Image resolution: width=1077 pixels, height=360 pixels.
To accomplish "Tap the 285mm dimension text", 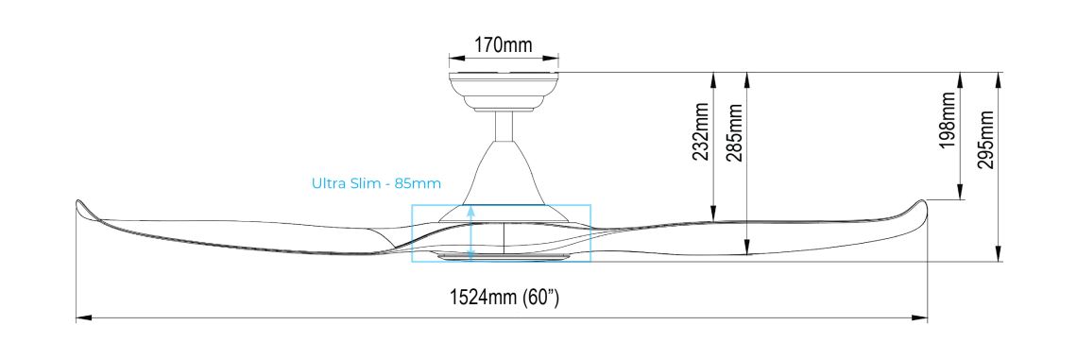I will pos(734,131).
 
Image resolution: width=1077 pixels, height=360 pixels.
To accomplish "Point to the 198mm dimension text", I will pos(948,122).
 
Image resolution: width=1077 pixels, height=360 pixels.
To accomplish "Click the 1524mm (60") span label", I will pos(504,299).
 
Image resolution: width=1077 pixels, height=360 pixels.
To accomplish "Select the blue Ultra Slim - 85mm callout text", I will pos(376,182).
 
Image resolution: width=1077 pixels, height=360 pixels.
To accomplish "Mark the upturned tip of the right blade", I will pos(920,206).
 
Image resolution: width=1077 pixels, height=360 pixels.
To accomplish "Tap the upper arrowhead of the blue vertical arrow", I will pos(470,212).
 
